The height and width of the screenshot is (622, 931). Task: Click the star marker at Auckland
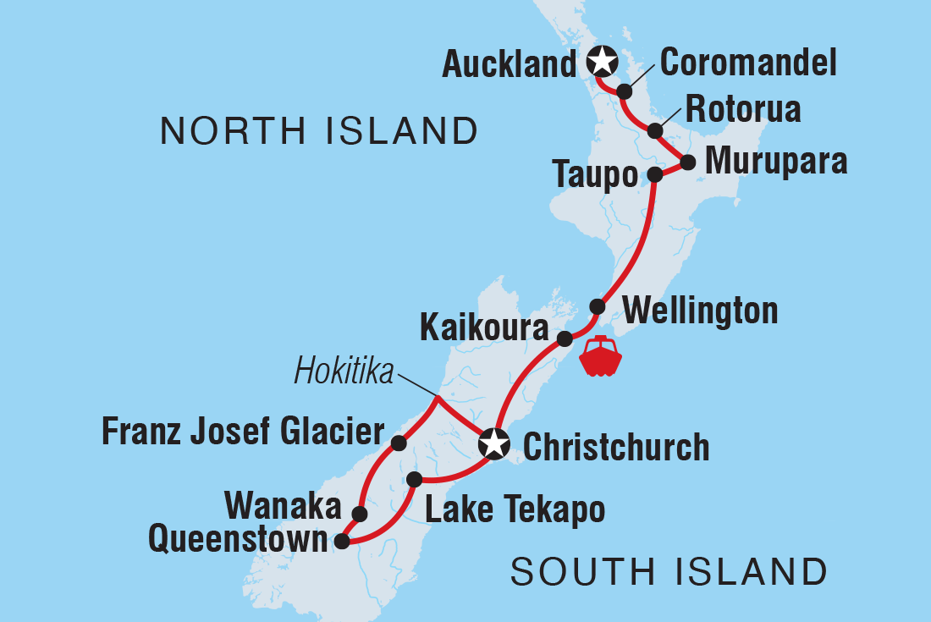point(601,61)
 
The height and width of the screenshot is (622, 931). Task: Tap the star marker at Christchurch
point(493,443)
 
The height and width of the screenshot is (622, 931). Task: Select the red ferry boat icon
point(600,355)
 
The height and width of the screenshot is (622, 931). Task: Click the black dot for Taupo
point(655,175)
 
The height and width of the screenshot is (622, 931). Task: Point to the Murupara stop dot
point(688,162)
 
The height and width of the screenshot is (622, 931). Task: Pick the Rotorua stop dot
point(655,131)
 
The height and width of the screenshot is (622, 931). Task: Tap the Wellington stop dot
point(597,306)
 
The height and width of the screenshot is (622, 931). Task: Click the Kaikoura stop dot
point(565,339)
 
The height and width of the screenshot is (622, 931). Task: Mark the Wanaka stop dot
point(359,514)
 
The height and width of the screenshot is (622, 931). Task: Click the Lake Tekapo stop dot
point(415,480)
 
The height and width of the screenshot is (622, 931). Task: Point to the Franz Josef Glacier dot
point(399,443)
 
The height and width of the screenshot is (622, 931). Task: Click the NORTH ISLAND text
point(320,131)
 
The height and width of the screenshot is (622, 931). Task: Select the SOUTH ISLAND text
point(669,573)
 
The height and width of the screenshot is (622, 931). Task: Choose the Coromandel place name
point(748,63)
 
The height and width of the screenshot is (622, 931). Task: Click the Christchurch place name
point(616,447)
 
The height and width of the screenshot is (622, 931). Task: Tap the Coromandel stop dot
point(624,91)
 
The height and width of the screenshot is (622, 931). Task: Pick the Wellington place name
point(700,311)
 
